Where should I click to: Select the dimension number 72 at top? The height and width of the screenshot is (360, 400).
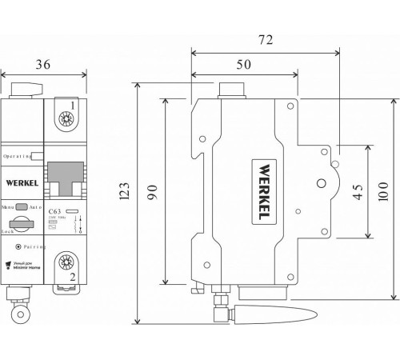pyautogui.click(x=268, y=38)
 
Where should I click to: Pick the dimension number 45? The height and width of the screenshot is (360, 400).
pyautogui.click(x=358, y=192)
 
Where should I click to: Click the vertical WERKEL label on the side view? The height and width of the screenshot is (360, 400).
pyautogui.click(x=262, y=192)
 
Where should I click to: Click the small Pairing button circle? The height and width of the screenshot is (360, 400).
pyautogui.click(x=18, y=247)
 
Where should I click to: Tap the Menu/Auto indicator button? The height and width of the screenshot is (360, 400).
pyautogui.click(x=22, y=206)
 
